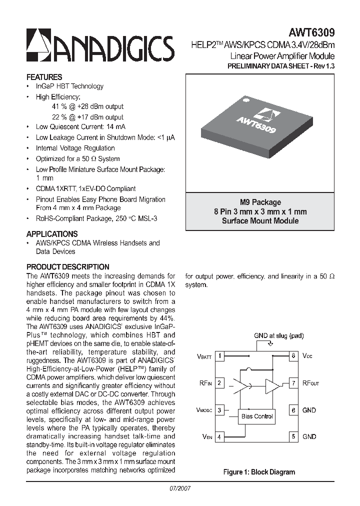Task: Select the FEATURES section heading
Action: [x=44, y=77]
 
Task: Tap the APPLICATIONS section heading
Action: [x=51, y=233]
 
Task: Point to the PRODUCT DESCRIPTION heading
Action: [x=67, y=267]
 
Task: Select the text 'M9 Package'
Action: [x=260, y=202]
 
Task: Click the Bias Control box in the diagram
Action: [x=256, y=416]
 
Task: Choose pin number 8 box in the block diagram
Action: [x=293, y=356]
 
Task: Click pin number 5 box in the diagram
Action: [x=293, y=436]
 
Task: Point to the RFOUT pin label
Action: [x=310, y=383]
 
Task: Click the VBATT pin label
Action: [x=204, y=357]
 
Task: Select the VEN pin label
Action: [x=207, y=437]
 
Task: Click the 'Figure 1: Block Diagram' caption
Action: [x=259, y=471]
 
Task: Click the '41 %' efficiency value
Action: [x=59, y=106]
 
